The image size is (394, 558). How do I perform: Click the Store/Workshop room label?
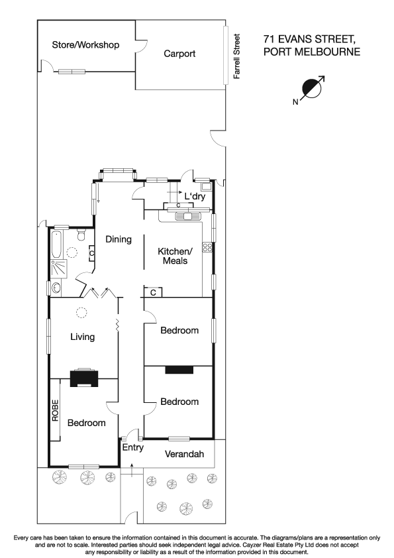pyautogui.click(x=85, y=45)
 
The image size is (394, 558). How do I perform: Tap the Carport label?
pyautogui.click(x=179, y=54)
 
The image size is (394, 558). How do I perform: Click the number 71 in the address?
pyautogui.click(x=270, y=39)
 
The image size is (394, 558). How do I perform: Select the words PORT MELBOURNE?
pyautogui.click(x=311, y=52)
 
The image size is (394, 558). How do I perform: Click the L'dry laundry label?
pyautogui.click(x=195, y=197)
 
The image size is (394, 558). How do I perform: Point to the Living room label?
pyautogui.click(x=83, y=337)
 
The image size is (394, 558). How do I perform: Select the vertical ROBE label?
pyautogui.click(x=56, y=411)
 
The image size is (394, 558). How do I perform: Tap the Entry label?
pyautogui.click(x=132, y=447)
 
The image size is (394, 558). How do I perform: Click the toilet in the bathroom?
pyautogui.click(x=80, y=234)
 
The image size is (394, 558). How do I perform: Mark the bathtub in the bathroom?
pyautogui.click(x=56, y=245)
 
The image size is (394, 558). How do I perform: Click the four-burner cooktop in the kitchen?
pyautogui.click(x=206, y=248)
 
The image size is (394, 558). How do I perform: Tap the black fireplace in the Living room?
pyautogui.click(x=83, y=377)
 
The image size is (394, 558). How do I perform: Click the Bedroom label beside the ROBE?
pyautogui.click(x=85, y=423)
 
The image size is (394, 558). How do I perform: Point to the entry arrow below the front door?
pyautogui.click(x=132, y=470)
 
